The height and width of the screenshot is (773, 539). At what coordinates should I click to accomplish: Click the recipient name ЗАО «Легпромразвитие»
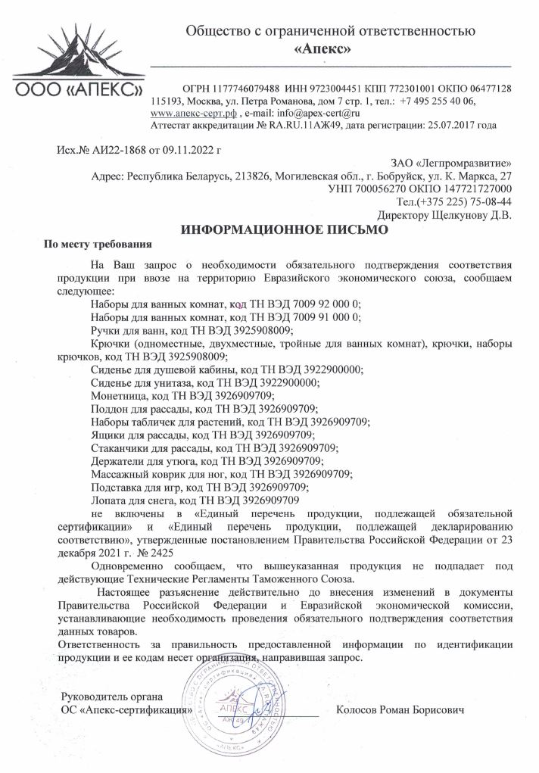point(451,164)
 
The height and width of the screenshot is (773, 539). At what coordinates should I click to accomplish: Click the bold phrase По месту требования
point(98,245)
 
